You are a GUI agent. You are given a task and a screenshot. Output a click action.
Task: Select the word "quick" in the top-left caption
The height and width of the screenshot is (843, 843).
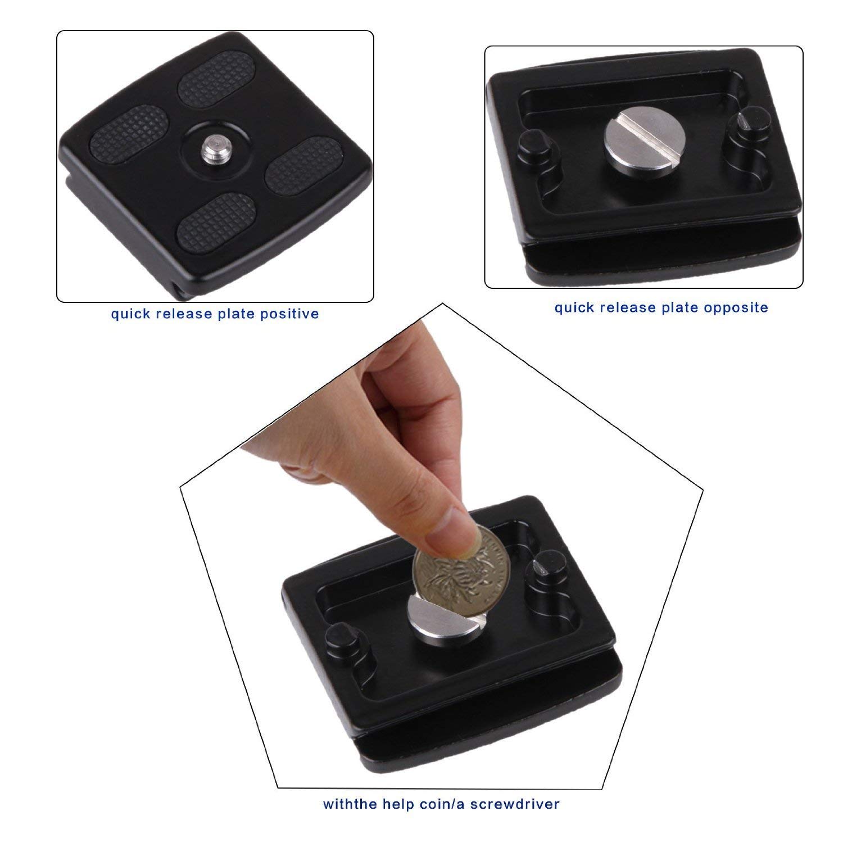[x=130, y=314]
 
